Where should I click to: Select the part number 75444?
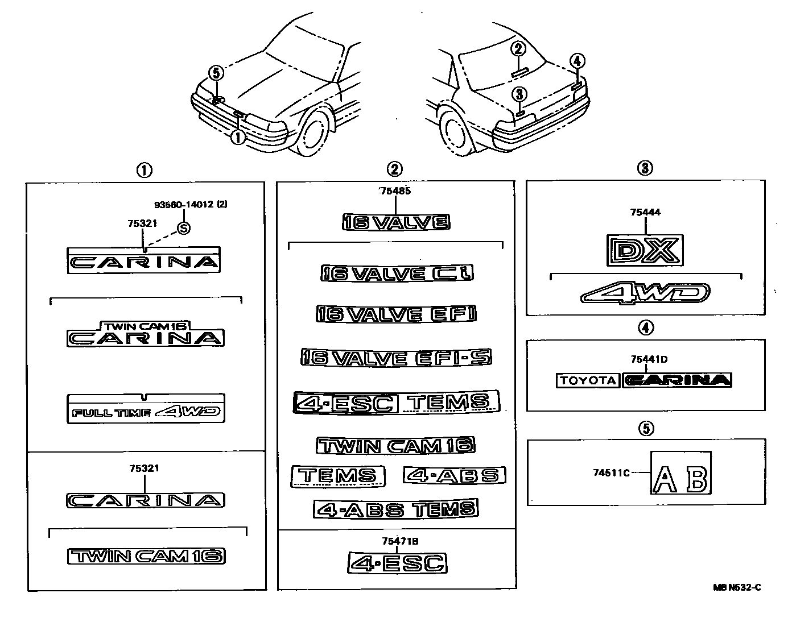pyautogui.click(x=645, y=213)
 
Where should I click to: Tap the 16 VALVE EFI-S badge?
pyautogui.click(x=396, y=358)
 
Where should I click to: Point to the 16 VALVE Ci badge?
pyautogui.click(x=397, y=273)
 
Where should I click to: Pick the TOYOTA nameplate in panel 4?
pyautogui.click(x=587, y=380)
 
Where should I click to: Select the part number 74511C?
pyautogui.click(x=611, y=472)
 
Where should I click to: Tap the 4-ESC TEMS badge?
pyautogui.click(x=396, y=402)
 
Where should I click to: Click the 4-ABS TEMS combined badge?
pyautogui.click(x=396, y=508)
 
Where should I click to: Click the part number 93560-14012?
pyautogui.click(x=184, y=204)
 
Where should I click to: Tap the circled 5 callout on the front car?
pyautogui.click(x=216, y=73)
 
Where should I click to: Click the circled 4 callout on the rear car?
pyautogui.click(x=577, y=61)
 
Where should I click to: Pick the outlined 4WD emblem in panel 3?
pyautogui.click(x=645, y=293)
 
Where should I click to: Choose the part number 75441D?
pyautogui.click(x=649, y=359)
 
